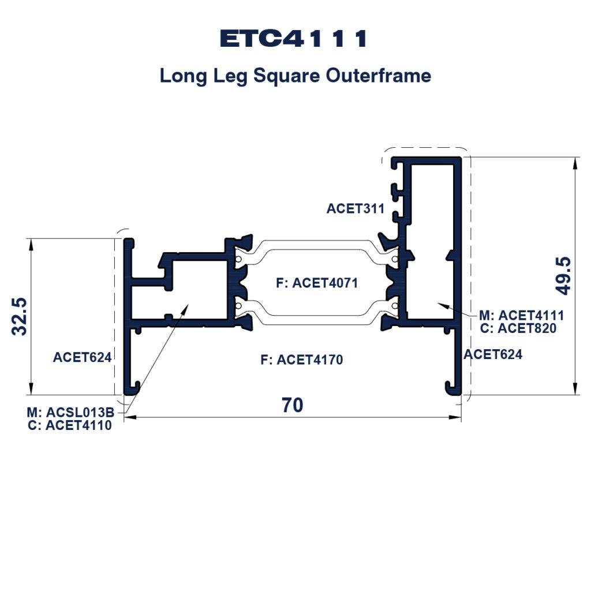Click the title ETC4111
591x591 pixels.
coord(293,39)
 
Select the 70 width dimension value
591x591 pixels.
coord(293,405)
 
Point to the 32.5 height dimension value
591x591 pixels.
coord(20,317)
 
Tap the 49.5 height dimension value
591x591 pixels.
coord(563,276)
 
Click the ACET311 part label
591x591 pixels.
coord(356,208)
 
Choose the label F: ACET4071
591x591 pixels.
coord(317,283)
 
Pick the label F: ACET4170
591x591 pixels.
coord(302,360)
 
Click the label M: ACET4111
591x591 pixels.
coord(522,315)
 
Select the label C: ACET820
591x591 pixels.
coord(518,328)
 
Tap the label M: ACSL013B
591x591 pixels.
coord(70,412)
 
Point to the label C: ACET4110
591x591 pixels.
coord(70,425)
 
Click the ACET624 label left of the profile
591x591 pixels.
coord(82,357)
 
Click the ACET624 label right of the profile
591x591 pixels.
coord(493,355)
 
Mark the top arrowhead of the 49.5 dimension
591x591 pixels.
coord(575,163)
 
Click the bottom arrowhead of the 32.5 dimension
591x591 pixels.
coord(31,389)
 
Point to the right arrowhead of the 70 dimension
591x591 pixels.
coord(456,417)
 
